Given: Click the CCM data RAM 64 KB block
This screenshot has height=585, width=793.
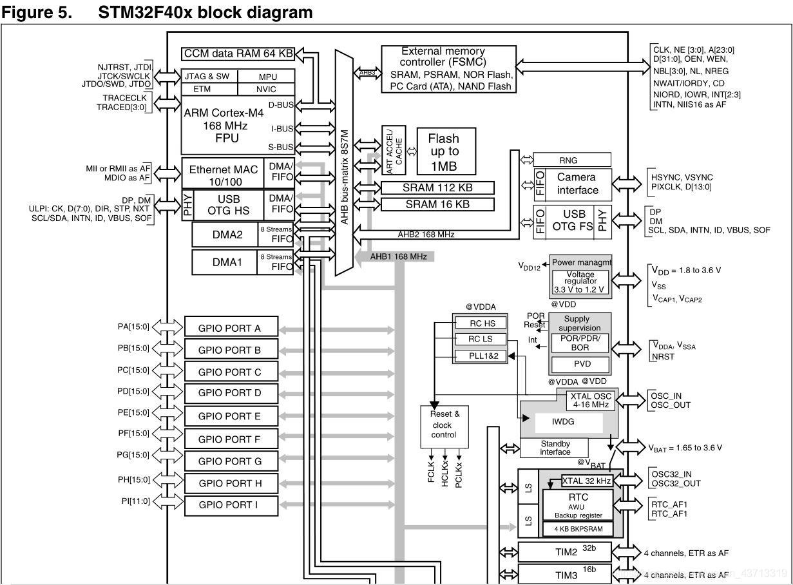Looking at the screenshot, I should (238, 54).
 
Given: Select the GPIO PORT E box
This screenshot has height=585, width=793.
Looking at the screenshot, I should (231, 416).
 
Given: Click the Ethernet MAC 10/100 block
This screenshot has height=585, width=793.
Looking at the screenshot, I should (223, 175).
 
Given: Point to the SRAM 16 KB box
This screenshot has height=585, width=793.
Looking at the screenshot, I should (437, 204).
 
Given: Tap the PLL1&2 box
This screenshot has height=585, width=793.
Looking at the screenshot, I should (479, 356).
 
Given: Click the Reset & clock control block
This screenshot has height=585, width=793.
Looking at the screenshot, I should (444, 425).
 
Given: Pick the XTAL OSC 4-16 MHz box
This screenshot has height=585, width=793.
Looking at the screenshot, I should (589, 401).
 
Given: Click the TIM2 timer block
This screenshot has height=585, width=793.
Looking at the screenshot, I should (566, 552).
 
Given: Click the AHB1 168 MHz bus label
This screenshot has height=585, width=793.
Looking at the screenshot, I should (398, 256).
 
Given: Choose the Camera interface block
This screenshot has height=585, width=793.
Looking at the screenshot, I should (577, 184).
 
